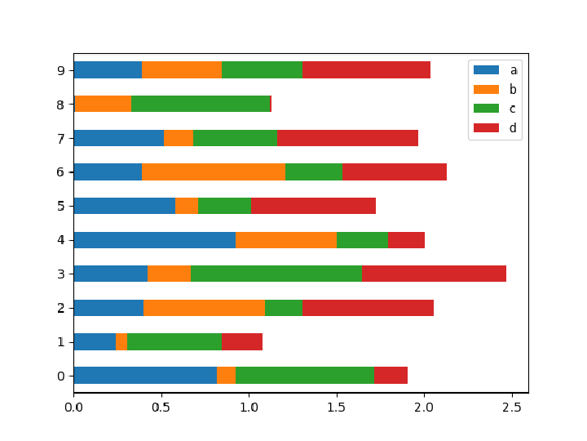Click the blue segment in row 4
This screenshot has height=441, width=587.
[154, 240]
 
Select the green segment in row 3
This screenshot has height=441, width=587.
[276, 274]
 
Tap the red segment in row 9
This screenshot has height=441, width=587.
[366, 70]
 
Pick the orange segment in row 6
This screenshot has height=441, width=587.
[214, 171]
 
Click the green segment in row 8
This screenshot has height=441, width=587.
[201, 104]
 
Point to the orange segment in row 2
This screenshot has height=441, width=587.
[204, 308]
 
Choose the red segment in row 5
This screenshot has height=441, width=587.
[313, 206]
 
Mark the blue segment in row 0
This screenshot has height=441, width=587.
[145, 376]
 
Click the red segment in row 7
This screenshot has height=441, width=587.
[347, 138]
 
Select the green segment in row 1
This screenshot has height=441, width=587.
[174, 341]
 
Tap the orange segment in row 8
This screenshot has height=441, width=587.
[103, 104]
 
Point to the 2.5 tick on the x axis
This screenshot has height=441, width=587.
[512, 394]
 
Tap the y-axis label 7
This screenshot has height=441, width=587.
[60, 138]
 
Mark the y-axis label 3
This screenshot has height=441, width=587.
[60, 274]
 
